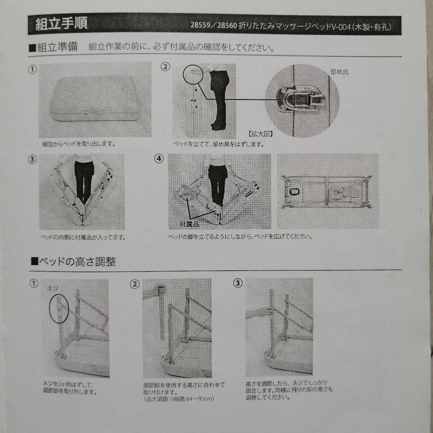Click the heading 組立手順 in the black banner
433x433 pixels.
[61, 24]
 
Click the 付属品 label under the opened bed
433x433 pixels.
[189, 224]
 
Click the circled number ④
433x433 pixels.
[159, 158]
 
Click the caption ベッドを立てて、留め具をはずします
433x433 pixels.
[219, 144]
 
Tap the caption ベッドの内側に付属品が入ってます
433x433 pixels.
[83, 237]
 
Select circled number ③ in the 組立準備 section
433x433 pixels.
[32, 158]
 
